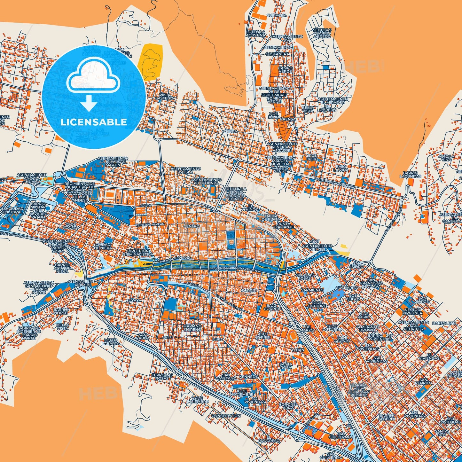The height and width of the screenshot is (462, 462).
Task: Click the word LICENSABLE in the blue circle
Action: pyautogui.click(x=94, y=122)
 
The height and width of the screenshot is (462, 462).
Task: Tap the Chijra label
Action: pyautogui.click(x=230, y=131)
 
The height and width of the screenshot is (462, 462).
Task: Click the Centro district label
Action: pyautogui.click(x=192, y=226)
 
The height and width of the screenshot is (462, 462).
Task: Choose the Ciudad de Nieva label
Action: pyautogui.click(x=103, y=246)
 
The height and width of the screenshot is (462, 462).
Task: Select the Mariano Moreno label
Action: pyautogui.click(x=192, y=327)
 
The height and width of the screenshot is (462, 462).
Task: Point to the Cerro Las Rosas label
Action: pyautogui.click(x=162, y=376)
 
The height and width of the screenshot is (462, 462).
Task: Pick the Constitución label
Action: pyautogui.click(x=226, y=416)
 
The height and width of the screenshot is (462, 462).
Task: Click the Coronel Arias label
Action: pyautogui.click(x=288, y=406)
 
